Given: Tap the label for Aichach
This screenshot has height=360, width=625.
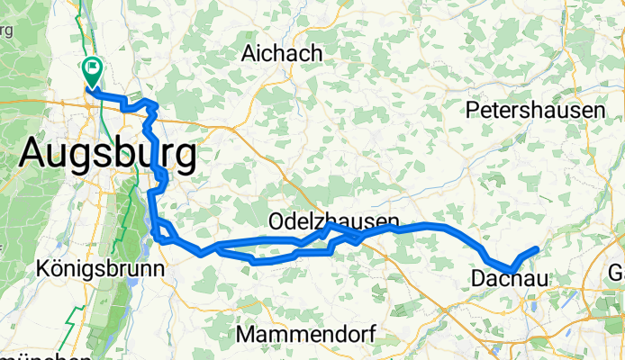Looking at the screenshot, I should (x=281, y=54).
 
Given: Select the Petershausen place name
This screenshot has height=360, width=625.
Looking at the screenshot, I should (x=535, y=111).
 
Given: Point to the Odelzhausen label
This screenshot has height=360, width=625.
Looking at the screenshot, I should (x=333, y=220).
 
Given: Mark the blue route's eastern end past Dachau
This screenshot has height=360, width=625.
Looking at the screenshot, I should (x=538, y=248).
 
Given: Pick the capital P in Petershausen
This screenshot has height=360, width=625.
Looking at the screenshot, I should (x=472, y=111).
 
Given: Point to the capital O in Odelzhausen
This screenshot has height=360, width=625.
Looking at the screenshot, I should (x=276, y=220).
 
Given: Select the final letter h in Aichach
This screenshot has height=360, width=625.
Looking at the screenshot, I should (x=316, y=54).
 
